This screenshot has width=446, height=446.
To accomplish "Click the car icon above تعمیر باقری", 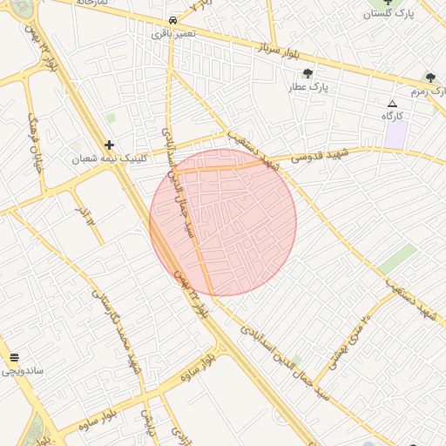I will pos(173,19).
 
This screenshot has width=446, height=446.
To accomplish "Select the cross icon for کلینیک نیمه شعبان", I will pos(109,145).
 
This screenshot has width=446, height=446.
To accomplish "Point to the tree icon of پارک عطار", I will pos(307,73).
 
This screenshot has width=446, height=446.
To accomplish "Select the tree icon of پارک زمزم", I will pos(430,78).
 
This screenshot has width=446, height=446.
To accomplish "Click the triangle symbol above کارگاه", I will pos(392,104).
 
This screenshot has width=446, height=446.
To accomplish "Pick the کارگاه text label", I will pos(392,116).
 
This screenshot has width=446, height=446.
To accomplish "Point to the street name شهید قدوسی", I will pos(319,157).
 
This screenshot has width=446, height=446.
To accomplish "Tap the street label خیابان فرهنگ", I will pos(37,145).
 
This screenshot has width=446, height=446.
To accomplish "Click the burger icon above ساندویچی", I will pos(14,358).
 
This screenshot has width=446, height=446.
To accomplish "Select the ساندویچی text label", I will pos(23,371).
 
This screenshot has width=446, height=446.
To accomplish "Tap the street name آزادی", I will pos(180,433).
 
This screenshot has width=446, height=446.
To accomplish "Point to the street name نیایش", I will pos(148,422).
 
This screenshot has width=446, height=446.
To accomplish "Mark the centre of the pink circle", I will pos(223,222).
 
